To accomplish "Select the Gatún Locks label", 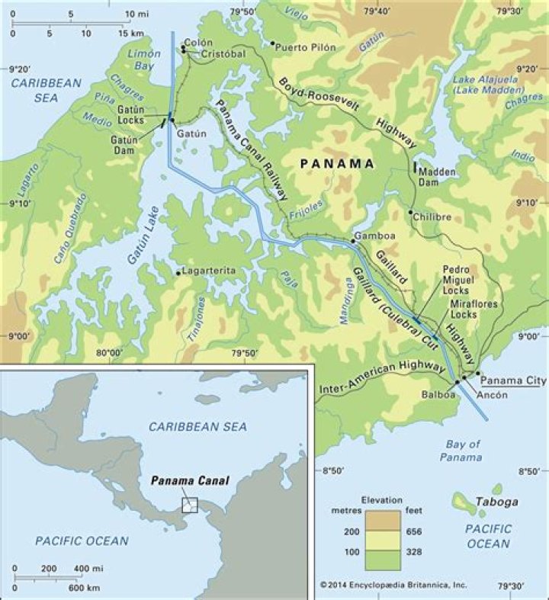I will (129, 116).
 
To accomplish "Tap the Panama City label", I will (515, 380).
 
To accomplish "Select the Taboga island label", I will (496, 502).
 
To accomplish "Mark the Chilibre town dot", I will (411, 213).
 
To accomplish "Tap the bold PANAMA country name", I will (336, 163).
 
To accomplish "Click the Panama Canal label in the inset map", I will (190, 481).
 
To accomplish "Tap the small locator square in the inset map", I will (188, 505).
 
